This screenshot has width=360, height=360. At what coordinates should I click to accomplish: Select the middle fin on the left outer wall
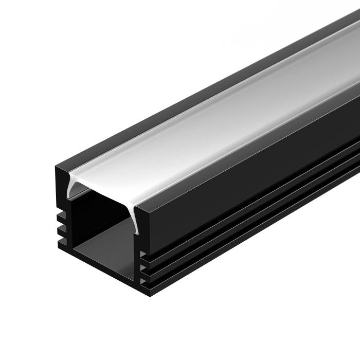pos(61,228)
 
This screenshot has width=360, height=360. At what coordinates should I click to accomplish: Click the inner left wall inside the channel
pos(72,221)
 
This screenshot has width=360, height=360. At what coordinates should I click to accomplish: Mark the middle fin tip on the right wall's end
pos(145,269)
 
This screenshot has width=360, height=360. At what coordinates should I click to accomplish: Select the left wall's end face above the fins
pos(60,190)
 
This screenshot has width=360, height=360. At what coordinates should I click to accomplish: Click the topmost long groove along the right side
pos(247,211)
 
